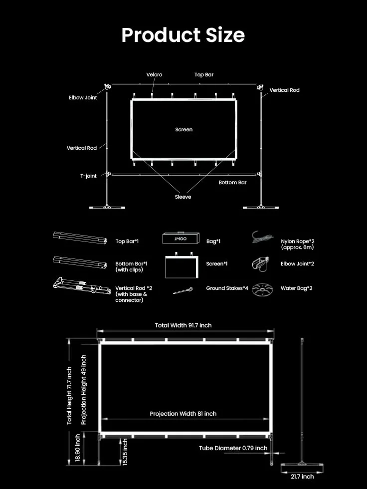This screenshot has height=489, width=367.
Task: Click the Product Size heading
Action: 183,35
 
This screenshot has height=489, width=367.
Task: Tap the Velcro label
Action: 154,74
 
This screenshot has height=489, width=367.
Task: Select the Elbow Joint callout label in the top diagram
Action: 83,97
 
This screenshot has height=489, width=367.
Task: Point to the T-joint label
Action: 88,176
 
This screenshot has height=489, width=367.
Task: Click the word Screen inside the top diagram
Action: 184,129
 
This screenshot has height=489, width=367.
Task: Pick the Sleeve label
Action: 183,197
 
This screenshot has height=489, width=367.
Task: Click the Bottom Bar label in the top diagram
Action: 232,183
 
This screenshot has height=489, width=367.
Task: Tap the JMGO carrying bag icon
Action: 181,239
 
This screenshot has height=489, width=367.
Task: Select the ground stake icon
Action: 183,291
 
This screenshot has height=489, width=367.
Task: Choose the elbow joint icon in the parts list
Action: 260,264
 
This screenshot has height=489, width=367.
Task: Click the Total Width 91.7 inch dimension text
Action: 183,325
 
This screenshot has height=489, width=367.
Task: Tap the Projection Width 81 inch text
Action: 183,414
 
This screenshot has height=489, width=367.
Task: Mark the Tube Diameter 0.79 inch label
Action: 233,448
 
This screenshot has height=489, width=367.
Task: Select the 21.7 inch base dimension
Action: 302,477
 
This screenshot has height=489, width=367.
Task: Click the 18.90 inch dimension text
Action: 78,448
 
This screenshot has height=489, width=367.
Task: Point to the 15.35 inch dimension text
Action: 125,452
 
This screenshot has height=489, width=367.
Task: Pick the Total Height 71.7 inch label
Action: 69,395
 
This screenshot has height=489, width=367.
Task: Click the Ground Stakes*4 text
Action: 227,288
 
